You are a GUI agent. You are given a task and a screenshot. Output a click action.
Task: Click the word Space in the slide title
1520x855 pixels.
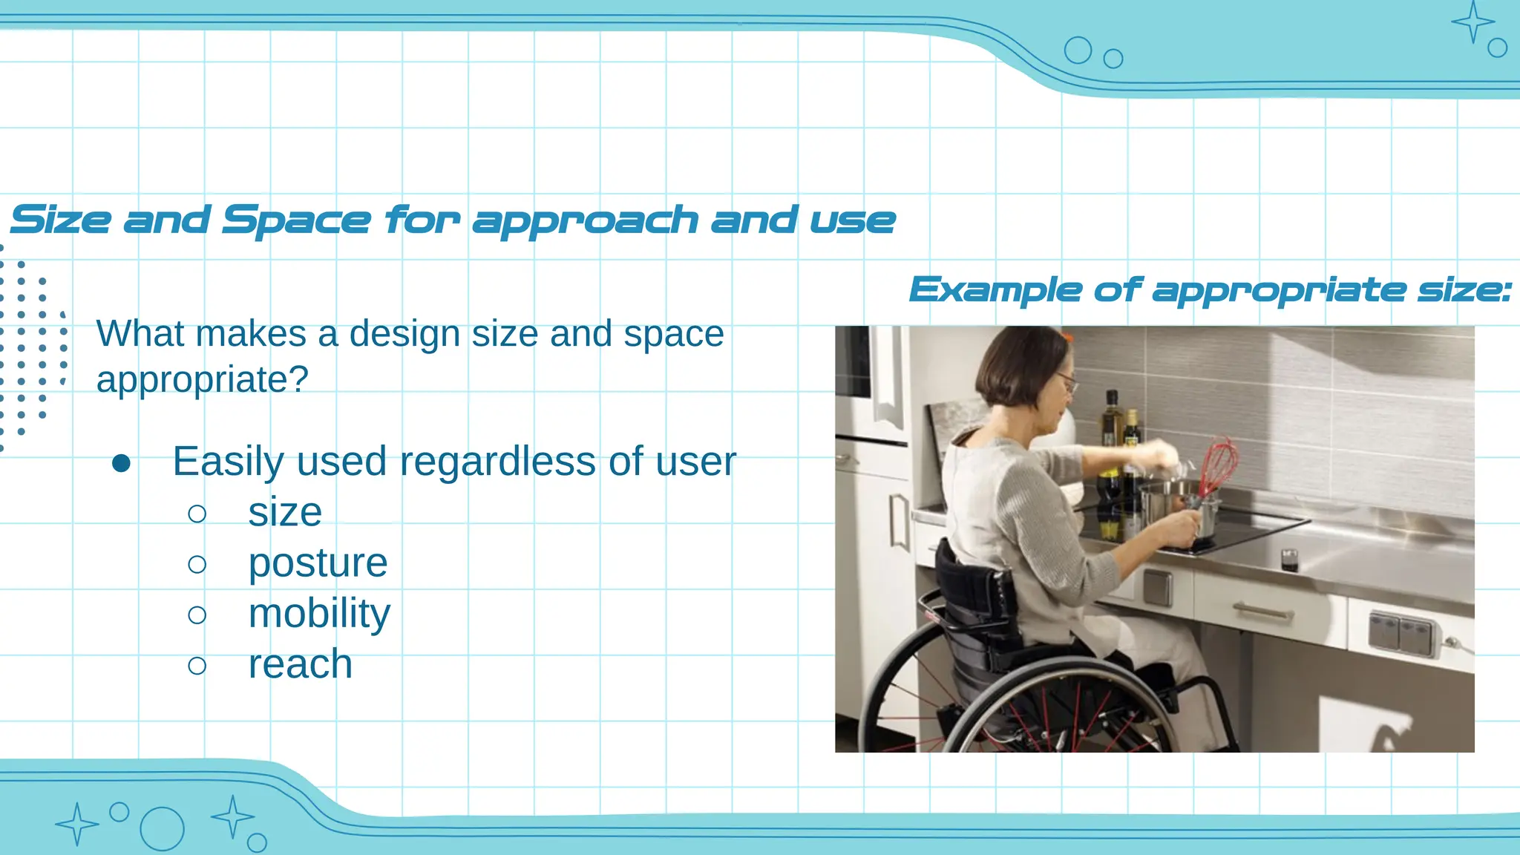pyautogui.click(x=295, y=220)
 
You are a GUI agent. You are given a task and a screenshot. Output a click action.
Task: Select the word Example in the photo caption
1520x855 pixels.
pyautogui.click(x=995, y=290)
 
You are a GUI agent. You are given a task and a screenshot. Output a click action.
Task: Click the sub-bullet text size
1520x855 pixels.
pyautogui.click(x=285, y=512)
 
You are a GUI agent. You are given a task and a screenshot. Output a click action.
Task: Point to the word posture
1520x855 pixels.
pyautogui.click(x=318, y=563)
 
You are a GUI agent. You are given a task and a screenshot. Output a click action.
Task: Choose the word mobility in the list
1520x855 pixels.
pyautogui.click(x=319, y=614)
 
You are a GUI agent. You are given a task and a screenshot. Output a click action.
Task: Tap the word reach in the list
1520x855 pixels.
pyautogui.click(x=300, y=664)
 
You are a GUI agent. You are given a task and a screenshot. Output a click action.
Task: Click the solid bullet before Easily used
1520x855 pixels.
pyautogui.click(x=121, y=464)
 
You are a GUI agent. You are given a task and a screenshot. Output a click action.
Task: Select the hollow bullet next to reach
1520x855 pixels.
pyautogui.click(x=197, y=665)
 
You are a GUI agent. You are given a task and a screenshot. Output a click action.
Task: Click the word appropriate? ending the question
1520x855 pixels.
pyautogui.click(x=202, y=380)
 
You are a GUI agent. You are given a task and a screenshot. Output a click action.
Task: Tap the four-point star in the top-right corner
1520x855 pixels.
pyautogui.click(x=1472, y=22)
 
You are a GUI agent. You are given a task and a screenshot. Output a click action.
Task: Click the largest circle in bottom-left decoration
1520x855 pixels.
pyautogui.click(x=162, y=828)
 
